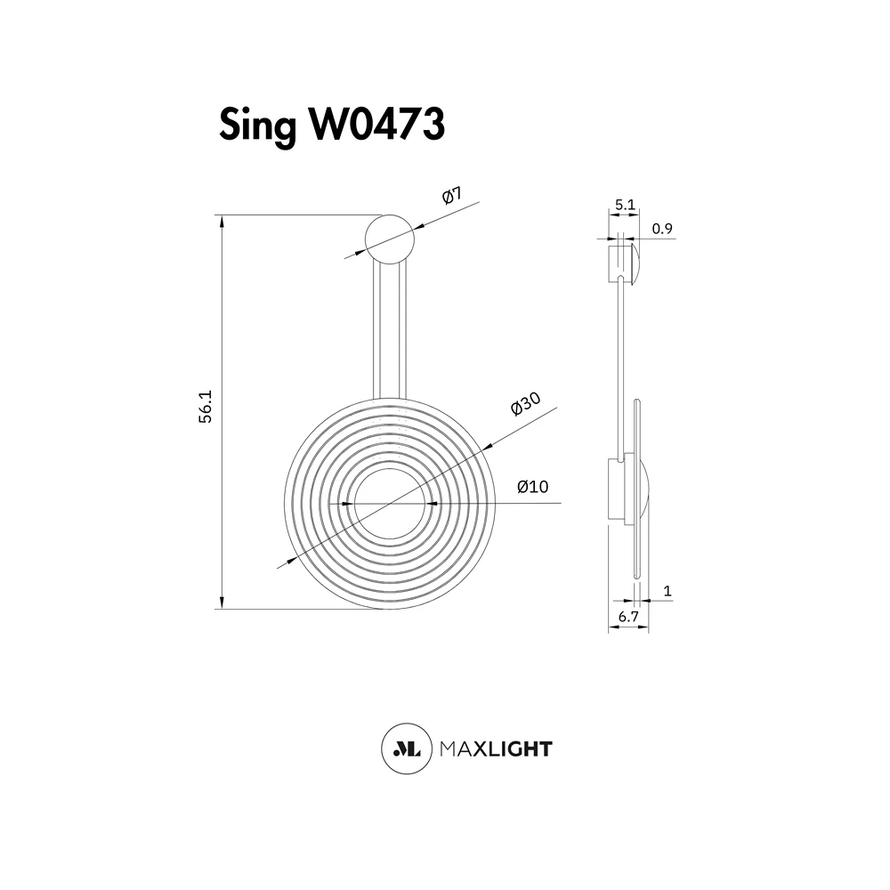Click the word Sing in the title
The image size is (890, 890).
258,125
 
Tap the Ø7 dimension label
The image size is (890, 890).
452,195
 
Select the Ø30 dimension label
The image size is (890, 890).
526,403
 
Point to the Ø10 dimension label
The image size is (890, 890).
532,487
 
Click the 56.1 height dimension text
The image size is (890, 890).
205,406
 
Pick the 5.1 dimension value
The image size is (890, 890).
625,205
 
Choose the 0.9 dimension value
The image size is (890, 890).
662,229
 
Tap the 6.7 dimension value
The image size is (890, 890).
628,617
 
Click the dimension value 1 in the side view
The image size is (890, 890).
667,591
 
